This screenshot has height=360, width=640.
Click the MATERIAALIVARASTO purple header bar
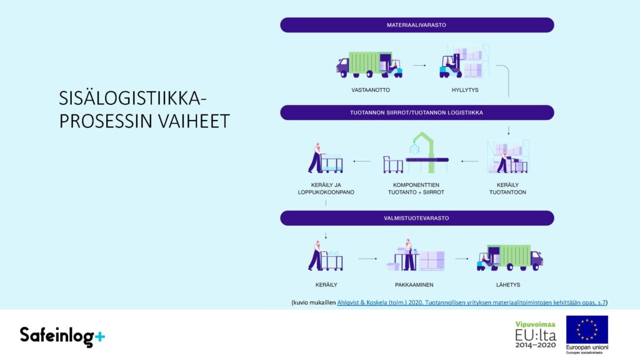(417, 25)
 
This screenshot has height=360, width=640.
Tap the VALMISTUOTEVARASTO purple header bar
(417, 218)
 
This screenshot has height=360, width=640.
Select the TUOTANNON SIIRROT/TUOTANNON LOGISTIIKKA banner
(417, 112)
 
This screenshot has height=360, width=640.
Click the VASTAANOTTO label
(371, 90)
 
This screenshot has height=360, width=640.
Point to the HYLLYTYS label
(465, 90)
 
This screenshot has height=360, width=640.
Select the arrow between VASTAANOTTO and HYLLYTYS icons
(419, 65)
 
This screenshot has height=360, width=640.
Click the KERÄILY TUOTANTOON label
(507, 189)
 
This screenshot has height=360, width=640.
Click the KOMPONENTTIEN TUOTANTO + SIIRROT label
(416, 189)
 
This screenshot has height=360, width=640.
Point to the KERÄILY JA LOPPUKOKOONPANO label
(326, 189)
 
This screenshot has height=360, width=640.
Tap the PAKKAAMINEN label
(414, 285)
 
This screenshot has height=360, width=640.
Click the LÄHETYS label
(508, 285)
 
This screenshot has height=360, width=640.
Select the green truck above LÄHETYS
(510, 258)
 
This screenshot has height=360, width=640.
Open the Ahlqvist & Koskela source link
(471, 302)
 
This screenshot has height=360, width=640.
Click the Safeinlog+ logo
(62, 336)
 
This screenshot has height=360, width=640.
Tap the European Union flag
(587, 330)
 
